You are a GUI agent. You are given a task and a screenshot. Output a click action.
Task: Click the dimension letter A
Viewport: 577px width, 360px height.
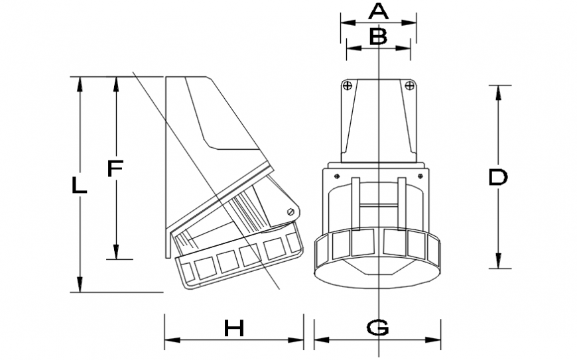[377, 11]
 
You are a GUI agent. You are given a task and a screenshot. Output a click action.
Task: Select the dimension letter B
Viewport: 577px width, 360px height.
[378, 36]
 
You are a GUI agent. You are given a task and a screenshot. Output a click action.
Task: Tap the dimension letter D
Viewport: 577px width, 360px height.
[497, 177]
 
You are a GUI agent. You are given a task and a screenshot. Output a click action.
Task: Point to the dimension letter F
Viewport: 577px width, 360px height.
[115, 169]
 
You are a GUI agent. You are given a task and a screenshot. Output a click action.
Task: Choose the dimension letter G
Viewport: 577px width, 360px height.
[377, 327]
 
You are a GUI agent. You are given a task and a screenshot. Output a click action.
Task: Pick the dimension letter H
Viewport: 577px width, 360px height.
[233, 327]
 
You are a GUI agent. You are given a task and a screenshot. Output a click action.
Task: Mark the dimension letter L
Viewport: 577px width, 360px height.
[79, 186]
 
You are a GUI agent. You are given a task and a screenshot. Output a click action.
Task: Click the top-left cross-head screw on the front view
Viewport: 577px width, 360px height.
[347, 85]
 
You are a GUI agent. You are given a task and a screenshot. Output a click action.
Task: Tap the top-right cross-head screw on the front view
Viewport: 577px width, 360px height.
[409, 85]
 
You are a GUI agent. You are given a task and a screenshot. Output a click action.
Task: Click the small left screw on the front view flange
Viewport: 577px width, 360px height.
[338, 176]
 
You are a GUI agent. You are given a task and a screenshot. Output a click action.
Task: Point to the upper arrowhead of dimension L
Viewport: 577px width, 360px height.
[80, 82]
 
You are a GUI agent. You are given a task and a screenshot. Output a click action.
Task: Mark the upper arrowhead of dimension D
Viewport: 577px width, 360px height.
[499, 91]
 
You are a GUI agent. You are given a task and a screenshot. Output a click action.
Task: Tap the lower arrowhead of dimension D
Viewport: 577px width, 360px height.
[499, 263]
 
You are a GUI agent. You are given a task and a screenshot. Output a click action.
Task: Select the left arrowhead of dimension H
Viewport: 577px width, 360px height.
[170, 341]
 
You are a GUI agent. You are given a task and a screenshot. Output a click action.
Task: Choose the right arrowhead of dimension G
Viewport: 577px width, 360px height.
[436, 341]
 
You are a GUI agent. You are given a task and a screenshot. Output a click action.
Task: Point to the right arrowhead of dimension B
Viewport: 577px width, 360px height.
[405, 47]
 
